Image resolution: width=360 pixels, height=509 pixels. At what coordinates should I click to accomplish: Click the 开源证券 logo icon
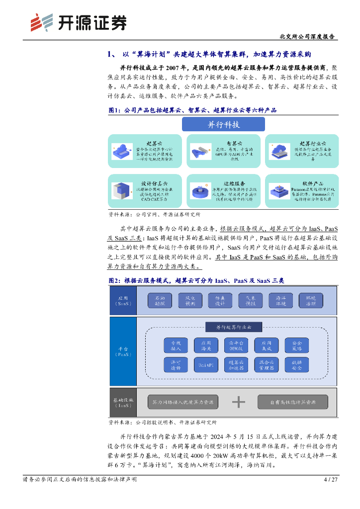coord(41,22)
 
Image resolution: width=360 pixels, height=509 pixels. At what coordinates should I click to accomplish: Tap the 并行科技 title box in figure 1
coord(223,124)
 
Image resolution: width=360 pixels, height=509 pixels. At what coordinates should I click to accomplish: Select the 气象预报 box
coord(247,300)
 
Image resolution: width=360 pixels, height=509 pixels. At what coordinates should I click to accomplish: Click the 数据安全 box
coord(297,365)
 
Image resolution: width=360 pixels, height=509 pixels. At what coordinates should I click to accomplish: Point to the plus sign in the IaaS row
coord(239,402)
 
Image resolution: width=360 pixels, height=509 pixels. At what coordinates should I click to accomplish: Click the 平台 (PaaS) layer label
coord(122,351)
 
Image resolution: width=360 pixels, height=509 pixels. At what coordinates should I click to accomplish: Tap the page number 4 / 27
coord(330,480)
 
